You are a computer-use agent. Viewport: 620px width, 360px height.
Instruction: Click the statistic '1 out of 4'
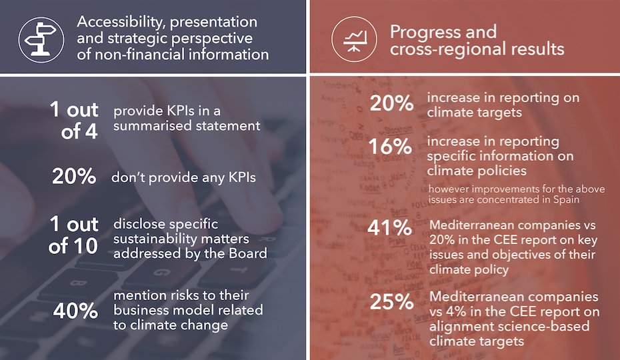click(74, 120)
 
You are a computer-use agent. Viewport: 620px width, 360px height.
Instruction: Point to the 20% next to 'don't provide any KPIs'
click(75, 177)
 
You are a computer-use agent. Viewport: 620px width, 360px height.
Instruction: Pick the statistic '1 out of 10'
click(73, 235)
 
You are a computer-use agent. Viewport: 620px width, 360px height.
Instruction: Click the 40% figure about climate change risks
click(75, 311)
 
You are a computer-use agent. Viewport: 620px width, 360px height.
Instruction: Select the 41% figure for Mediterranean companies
click(390, 228)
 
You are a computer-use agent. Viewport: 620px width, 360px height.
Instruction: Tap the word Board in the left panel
click(246, 253)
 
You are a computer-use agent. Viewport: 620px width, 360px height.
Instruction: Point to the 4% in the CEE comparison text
click(461, 312)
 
